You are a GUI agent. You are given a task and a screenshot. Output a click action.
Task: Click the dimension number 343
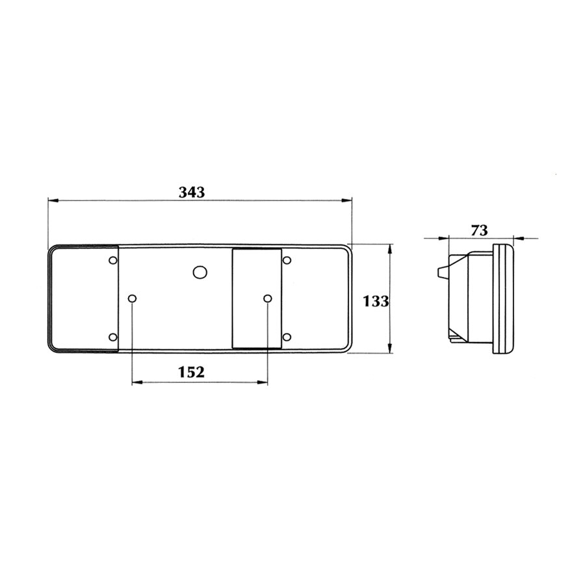click(x=191, y=192)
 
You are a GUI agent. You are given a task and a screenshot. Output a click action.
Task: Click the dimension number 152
click(x=191, y=372)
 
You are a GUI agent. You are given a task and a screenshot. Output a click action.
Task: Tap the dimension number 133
click(x=376, y=301)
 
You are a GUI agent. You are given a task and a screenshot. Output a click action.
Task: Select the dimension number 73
click(x=479, y=229)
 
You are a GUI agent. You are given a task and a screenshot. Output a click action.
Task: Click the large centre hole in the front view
click(x=200, y=272)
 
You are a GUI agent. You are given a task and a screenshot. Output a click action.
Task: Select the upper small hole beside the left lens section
click(x=113, y=260)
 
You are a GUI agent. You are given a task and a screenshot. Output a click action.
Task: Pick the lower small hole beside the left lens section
click(x=113, y=337)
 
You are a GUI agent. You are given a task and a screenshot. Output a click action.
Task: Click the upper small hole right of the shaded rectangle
click(x=287, y=260)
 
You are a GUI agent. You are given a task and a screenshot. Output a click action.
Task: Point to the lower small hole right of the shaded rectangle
click(x=287, y=337)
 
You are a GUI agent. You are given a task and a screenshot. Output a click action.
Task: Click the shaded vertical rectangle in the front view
click(x=257, y=298)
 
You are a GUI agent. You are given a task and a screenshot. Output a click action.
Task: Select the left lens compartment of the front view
click(x=83, y=298)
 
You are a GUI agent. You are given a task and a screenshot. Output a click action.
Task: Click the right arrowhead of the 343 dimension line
click(x=348, y=200)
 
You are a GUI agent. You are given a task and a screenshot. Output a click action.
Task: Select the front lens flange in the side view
click(x=504, y=298)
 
